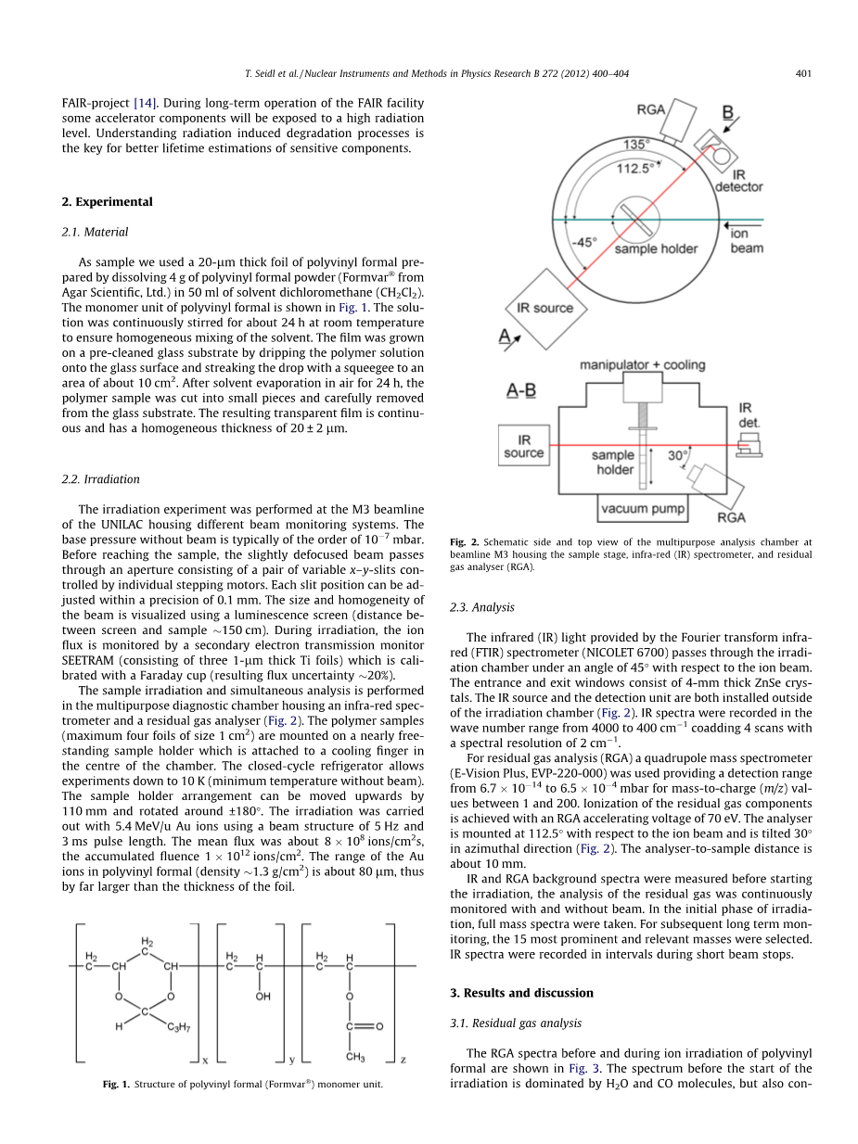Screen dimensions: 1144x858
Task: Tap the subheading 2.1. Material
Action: pos(95,232)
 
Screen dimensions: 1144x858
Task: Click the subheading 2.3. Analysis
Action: pos(481,607)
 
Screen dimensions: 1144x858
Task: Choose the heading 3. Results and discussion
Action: pos(521,993)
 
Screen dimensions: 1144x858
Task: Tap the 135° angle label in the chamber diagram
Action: pos(635,145)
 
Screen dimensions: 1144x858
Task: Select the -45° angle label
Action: pos(581,241)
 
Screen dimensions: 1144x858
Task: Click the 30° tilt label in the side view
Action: pos(678,455)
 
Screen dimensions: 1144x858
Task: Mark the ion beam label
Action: pos(746,241)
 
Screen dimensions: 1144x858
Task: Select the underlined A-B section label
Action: pos(520,391)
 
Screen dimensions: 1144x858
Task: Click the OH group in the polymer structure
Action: pos(263,997)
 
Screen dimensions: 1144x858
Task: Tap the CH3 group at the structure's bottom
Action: pos(354,1057)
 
